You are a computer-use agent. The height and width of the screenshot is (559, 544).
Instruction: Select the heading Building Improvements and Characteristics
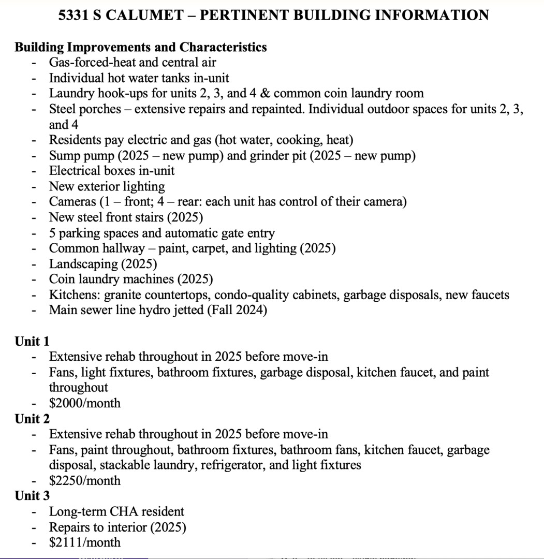click(x=141, y=47)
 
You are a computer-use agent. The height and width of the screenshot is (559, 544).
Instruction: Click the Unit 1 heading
click(x=32, y=341)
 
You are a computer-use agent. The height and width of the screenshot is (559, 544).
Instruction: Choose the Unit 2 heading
click(x=32, y=418)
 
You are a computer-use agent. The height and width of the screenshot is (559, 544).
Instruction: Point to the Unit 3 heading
click(x=32, y=496)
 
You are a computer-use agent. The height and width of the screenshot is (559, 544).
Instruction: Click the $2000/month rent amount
click(x=85, y=403)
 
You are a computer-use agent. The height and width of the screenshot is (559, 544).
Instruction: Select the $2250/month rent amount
click(x=85, y=480)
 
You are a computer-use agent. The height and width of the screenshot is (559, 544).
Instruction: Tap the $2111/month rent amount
click(x=85, y=542)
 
